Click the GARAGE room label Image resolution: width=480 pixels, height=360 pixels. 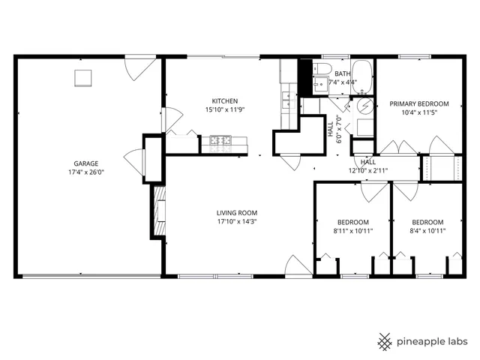click(x=85, y=163)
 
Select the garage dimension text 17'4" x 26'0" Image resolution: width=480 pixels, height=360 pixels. click(x=85, y=172)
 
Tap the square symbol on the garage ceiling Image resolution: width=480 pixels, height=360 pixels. click(x=81, y=77)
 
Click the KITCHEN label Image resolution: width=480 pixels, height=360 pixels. click(x=224, y=101)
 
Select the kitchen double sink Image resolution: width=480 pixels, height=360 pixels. click(x=286, y=96)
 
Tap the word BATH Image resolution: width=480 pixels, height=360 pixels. click(x=342, y=73)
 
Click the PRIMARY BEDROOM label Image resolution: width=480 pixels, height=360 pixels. click(x=418, y=103)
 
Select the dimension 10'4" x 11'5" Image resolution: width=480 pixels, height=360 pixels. click(x=418, y=112)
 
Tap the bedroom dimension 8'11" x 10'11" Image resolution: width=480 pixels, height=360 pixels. click(x=352, y=231)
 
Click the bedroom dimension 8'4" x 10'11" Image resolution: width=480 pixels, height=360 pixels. click(x=427, y=231)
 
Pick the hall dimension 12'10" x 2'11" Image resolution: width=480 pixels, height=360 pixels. click(x=367, y=170)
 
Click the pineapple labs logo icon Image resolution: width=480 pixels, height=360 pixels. click(x=384, y=341)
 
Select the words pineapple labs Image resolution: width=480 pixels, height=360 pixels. click(x=432, y=341)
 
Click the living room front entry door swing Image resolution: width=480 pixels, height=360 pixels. click(x=295, y=266)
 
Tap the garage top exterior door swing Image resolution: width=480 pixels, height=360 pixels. click(x=137, y=68)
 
